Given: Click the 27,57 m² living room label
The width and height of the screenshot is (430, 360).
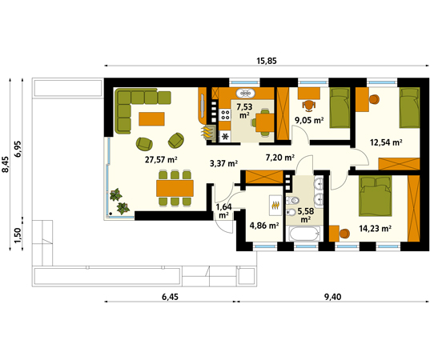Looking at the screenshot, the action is (x=161, y=159).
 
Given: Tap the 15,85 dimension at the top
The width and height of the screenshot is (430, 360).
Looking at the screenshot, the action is (x=267, y=61).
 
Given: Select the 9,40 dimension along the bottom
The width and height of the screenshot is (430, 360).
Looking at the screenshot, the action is (x=333, y=297).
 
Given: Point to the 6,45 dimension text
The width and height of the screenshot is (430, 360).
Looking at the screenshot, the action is (x=170, y=297).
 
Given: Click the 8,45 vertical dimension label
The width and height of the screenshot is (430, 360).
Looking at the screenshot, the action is (x=6, y=164).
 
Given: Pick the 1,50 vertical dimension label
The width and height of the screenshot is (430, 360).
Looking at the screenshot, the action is (x=18, y=235).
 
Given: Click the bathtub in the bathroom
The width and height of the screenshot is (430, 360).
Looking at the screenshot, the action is (x=304, y=234).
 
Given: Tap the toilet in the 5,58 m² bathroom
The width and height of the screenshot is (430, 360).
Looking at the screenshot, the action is (x=292, y=200).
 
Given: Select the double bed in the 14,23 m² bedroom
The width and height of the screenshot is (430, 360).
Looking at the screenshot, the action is (x=376, y=196).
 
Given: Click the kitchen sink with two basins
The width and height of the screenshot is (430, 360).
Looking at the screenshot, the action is (x=245, y=93).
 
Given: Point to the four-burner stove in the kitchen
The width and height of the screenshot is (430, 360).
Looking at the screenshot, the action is (x=225, y=114).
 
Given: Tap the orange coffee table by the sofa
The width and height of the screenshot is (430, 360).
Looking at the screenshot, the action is (x=151, y=119).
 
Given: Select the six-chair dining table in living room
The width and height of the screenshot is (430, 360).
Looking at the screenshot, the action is (x=175, y=188).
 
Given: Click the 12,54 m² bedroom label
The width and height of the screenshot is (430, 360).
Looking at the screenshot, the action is (x=386, y=142).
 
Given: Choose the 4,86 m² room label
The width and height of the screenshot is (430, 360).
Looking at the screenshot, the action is (x=264, y=226).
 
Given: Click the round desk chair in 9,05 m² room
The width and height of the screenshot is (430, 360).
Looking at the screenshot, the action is (x=309, y=106).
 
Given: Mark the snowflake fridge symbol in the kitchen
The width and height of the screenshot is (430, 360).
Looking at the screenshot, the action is (x=225, y=136).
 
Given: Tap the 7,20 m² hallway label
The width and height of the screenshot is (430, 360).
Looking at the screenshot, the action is (x=280, y=158).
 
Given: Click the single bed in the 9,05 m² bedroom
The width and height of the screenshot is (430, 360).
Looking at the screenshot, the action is (x=340, y=108).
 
